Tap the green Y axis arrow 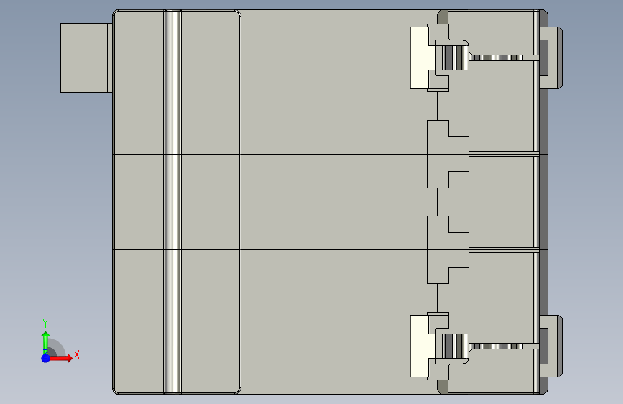45,341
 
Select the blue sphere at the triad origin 45,357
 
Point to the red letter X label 76,354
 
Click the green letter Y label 45,323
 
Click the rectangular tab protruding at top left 86,58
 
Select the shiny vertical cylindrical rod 172,201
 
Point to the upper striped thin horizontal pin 503,58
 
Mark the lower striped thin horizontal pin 503,346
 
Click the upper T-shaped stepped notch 446,155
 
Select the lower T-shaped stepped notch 446,249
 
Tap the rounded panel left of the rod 139,201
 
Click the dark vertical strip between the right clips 544,201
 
